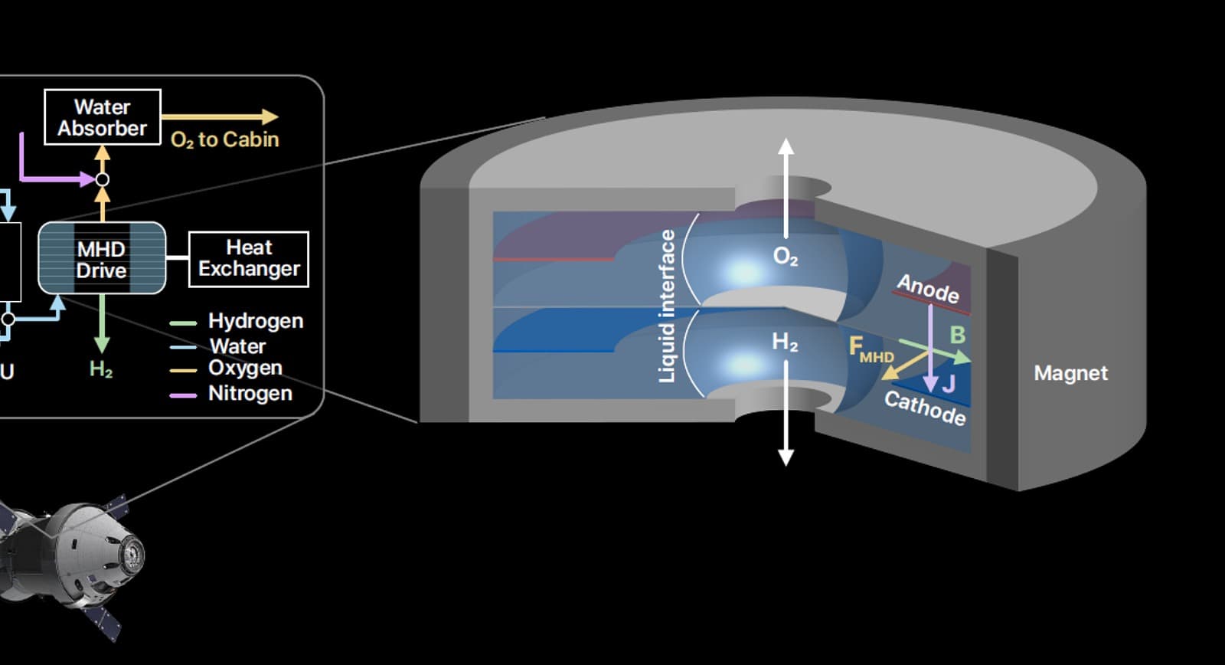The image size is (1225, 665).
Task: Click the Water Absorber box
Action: tap(103, 117)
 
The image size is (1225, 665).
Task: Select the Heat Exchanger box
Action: tap(249, 259)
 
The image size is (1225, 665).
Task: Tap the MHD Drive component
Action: tap(102, 258)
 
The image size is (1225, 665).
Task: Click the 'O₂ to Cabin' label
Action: tap(225, 140)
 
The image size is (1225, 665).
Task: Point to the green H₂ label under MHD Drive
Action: tap(101, 369)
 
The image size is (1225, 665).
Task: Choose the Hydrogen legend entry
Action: tap(237, 321)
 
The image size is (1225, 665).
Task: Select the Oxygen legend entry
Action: tap(226, 369)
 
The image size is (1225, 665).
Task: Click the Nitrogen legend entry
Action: tap(230, 394)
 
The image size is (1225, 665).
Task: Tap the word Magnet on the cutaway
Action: tap(1071, 373)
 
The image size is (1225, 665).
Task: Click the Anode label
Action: tap(928, 288)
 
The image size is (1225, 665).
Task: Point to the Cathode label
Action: tap(926, 408)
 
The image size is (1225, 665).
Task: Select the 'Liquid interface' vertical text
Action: tap(667, 306)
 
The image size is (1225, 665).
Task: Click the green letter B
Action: tap(958, 335)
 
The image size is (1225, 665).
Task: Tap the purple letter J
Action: tap(949, 384)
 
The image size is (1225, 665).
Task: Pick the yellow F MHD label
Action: tap(871, 349)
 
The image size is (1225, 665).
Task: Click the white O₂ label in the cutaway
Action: tap(786, 256)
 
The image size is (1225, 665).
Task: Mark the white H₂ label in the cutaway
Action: tap(785, 342)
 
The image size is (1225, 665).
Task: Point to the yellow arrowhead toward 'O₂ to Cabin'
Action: tap(270, 116)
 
